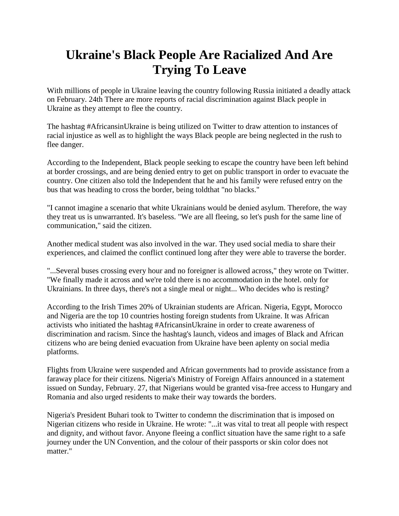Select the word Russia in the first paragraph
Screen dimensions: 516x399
coord(264,91)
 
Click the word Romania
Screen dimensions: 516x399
coord(60,397)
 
